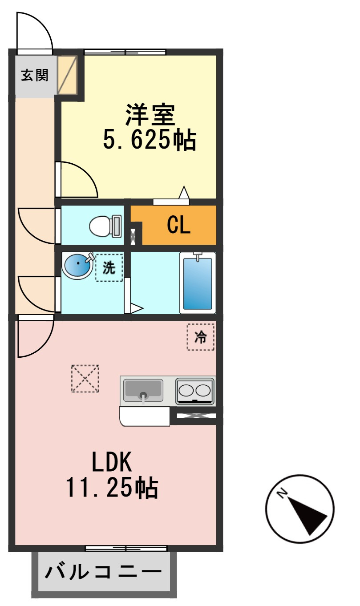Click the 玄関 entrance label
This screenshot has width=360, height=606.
click(x=35, y=75)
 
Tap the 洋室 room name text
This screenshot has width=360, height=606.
click(x=150, y=115)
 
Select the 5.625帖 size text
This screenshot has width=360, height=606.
click(x=150, y=140)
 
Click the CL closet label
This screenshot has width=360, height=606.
click(x=178, y=225)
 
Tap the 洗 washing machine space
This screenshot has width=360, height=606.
click(x=109, y=267)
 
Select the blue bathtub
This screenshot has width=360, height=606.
click(x=198, y=283)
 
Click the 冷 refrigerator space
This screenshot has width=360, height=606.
click(x=201, y=337)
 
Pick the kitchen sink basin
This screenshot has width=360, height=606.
click(x=143, y=391)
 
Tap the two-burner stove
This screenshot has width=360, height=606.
click(x=195, y=391)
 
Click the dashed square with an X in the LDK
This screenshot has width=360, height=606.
click(x=85, y=379)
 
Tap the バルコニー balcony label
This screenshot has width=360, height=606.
click(x=103, y=572)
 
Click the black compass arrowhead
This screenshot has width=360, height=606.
click(x=307, y=520)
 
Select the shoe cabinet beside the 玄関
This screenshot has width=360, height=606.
click(x=67, y=75)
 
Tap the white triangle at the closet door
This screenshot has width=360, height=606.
click(x=184, y=193)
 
